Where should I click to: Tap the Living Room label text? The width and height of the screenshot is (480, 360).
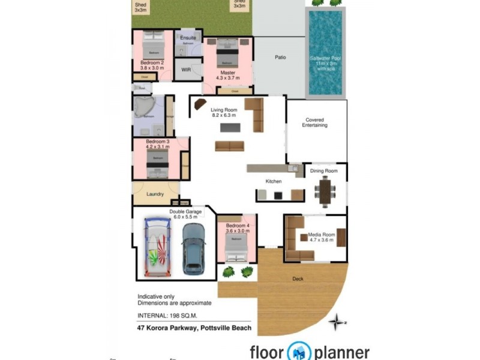coord(224,112)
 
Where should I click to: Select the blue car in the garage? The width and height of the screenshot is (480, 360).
coord(193,247)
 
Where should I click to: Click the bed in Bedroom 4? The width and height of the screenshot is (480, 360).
coord(236,246)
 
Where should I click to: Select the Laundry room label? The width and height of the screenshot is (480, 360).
coord(155,194)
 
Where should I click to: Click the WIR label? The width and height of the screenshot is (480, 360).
coord(186,70)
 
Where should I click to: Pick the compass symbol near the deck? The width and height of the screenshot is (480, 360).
coord(337,322)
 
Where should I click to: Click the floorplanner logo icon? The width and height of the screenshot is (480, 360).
coord(299,352)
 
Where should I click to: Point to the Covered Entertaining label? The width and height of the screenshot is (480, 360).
coord(316,122)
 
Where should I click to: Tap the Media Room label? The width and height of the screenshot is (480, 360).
coord(322,237)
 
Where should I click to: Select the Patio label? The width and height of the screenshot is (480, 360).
coord(280,58)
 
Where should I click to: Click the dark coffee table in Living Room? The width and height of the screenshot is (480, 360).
coord(229,127)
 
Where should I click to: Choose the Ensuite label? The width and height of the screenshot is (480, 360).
coord(188,38)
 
